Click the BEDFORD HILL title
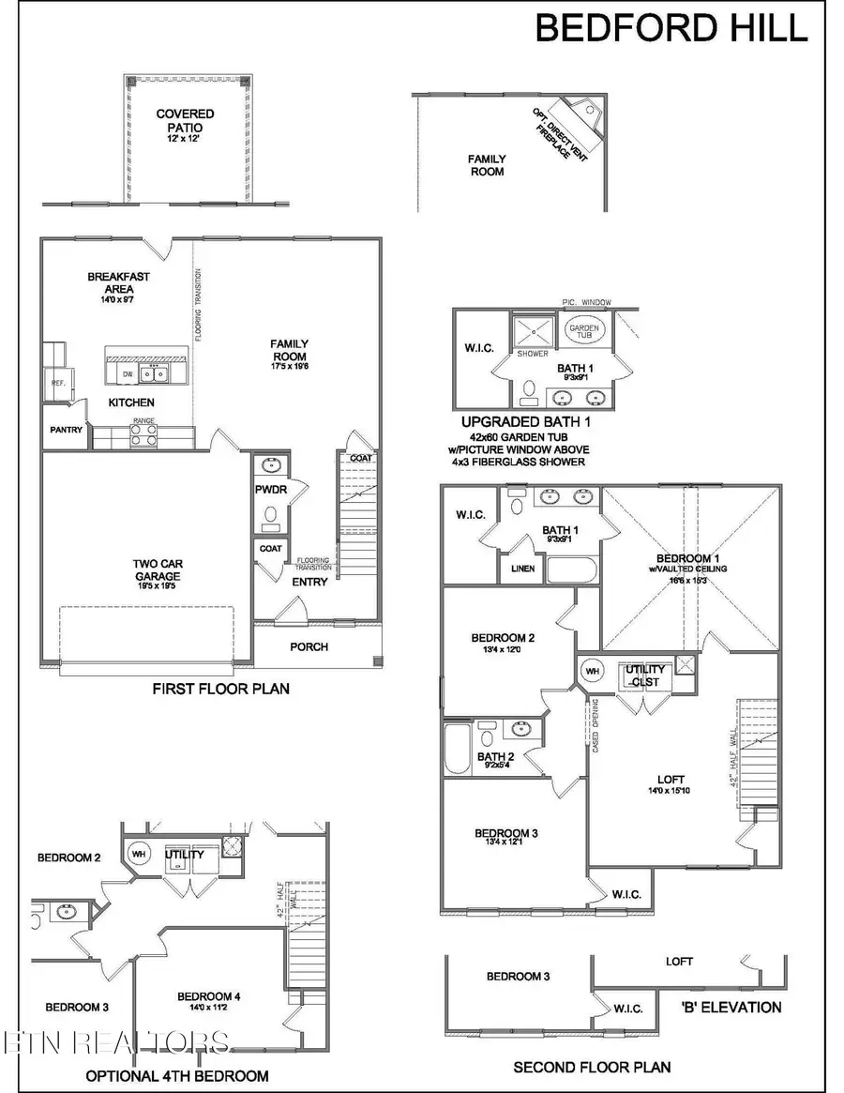click(671, 28)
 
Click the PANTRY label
click(67, 431)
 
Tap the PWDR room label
click(270, 490)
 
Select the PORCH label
click(309, 646)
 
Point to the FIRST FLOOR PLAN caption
click(220, 689)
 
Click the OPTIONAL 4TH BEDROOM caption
click(177, 1076)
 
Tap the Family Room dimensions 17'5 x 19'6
click(289, 368)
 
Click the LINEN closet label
click(522, 569)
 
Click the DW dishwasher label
click(128, 373)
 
